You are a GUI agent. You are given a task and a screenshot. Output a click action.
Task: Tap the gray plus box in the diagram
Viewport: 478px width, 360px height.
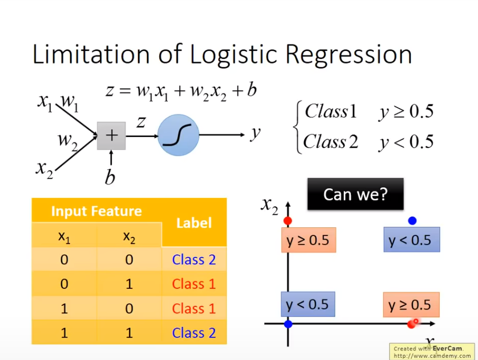coord(111,135)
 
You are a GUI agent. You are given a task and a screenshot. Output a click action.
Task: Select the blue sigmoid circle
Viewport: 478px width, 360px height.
coord(179,136)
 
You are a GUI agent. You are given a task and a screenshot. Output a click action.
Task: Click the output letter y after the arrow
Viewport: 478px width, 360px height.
coord(256,133)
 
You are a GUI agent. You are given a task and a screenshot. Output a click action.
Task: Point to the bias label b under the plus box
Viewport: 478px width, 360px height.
coord(110,178)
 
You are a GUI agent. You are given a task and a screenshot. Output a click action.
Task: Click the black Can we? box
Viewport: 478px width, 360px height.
coord(355,194)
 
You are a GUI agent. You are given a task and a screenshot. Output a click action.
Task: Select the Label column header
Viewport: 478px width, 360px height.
coord(194,223)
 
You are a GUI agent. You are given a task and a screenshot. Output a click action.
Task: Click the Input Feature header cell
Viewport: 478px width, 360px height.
coord(96,211)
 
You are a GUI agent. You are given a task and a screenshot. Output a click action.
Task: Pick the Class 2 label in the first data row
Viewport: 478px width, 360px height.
coord(194,259)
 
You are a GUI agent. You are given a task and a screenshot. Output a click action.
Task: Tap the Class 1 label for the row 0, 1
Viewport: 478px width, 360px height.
coord(194,284)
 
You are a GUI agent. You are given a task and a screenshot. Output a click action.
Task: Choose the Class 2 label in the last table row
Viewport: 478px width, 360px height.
coord(194,333)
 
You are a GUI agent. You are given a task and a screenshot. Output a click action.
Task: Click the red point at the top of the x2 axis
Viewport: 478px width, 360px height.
coord(288,221)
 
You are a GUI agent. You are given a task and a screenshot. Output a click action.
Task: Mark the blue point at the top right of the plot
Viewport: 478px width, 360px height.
coord(412,220)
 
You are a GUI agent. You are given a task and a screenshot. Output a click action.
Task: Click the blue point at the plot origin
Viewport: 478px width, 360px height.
coord(288,324)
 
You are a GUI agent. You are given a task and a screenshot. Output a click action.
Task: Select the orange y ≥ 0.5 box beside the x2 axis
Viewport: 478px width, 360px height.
coord(308,240)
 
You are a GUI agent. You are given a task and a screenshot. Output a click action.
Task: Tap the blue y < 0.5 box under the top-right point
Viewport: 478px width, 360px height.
coord(411,240)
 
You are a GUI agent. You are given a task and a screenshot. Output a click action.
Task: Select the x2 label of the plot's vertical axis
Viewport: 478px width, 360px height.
coord(269,205)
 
